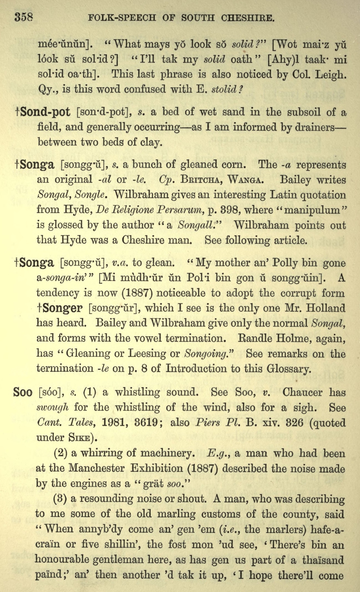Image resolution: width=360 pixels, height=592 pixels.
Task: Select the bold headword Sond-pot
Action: pos(45,112)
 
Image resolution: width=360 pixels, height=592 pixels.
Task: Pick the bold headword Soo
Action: pos(23,392)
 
